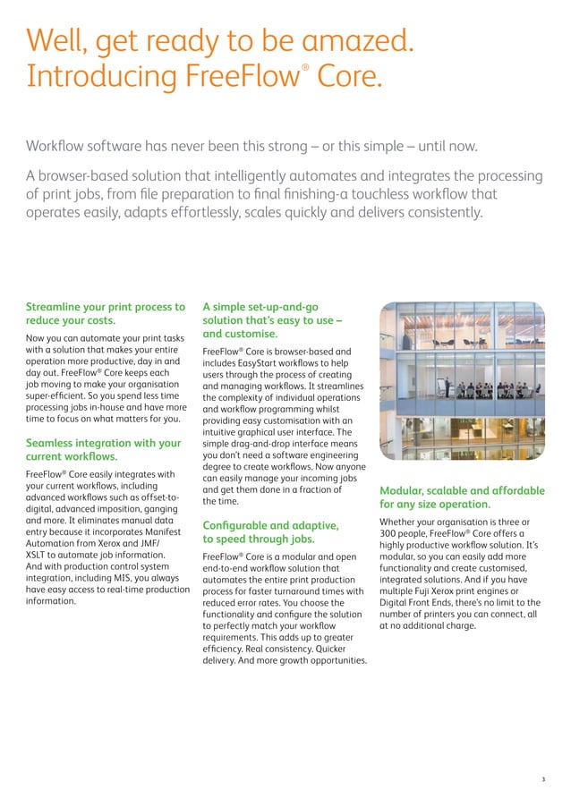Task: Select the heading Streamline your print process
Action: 106,307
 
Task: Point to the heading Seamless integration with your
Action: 103,443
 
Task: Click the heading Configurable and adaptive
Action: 270,524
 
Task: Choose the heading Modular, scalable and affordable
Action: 462,490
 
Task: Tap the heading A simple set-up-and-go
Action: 260,307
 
